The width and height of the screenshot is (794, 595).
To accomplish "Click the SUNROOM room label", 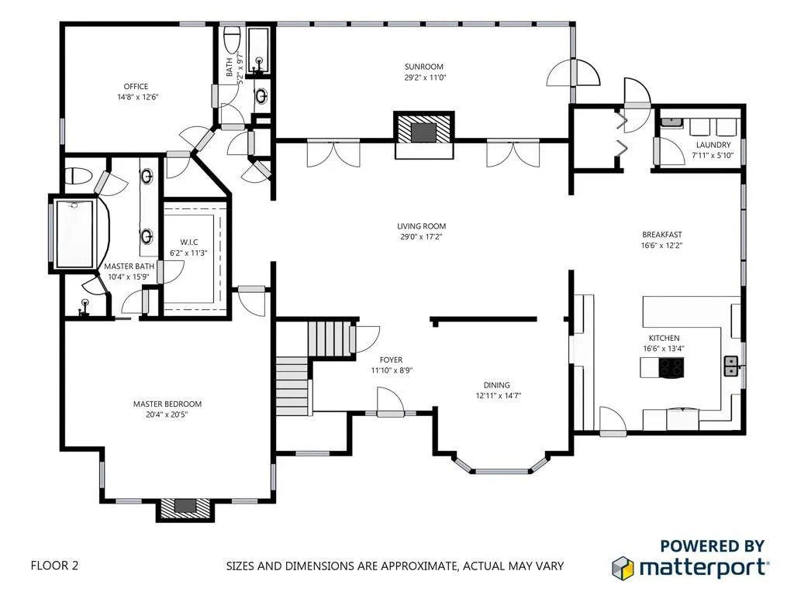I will point(423,66).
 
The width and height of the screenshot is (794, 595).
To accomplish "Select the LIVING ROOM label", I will point(423,226).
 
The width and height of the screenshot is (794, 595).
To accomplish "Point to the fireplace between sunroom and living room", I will point(423,131).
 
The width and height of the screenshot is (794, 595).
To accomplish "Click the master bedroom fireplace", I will point(185,507).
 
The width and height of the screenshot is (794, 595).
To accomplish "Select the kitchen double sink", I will point(730,366).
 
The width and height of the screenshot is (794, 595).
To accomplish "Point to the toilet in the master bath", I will point(77,176).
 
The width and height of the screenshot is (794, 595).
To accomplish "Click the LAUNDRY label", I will point(713,145).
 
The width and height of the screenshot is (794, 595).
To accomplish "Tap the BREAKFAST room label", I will point(661,235).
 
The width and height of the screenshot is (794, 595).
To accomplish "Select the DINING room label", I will point(496,385).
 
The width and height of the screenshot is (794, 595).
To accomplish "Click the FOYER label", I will point(391,360).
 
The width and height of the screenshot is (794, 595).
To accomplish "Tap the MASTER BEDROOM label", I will point(167,404).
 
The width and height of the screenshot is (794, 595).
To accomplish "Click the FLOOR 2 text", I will point(54,566).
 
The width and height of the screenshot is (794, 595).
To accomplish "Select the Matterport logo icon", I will point(624,567).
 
